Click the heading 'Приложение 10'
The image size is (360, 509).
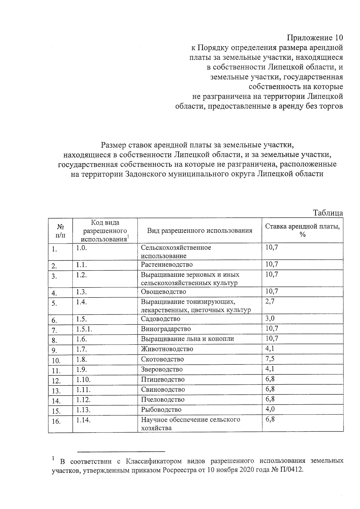(x=314, y=38)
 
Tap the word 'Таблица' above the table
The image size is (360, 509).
(x=328, y=213)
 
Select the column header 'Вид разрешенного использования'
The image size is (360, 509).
(x=199, y=230)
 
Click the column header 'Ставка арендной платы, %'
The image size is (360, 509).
(x=302, y=230)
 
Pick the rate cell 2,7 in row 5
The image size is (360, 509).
(x=270, y=302)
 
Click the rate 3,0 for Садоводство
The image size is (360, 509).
(x=270, y=318)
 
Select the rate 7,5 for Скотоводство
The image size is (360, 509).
(x=270, y=359)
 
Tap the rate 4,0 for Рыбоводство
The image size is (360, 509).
(x=270, y=409)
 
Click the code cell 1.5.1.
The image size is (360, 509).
(x=84, y=329)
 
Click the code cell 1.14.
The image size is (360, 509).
(x=83, y=420)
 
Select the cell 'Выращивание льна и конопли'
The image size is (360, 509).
(x=187, y=339)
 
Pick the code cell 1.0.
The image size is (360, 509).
(x=81, y=248)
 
